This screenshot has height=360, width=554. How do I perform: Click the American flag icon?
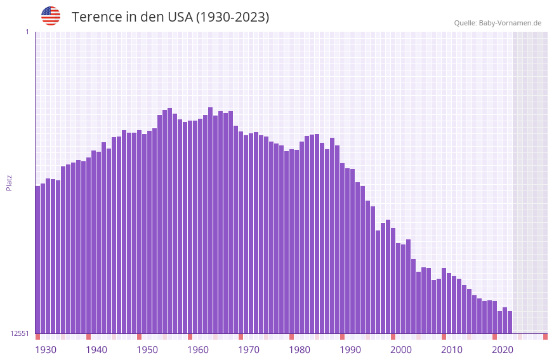coord(51,16)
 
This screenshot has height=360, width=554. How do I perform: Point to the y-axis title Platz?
coord(9,183)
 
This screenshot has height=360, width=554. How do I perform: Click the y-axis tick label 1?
coord(27,32)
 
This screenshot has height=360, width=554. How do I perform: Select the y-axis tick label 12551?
coord(20,333)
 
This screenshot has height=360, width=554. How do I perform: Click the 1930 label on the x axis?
coord(46,349)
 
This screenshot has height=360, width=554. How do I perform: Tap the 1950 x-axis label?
coord(147,349)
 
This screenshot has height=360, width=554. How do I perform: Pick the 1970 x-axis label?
coord(249,349)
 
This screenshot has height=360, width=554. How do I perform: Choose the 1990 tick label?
coord(350,349)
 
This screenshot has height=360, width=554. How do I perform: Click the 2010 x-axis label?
coord(452,349)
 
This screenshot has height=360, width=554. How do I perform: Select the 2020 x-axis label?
coord(503,349)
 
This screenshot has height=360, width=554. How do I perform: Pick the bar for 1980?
coord(291,242)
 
